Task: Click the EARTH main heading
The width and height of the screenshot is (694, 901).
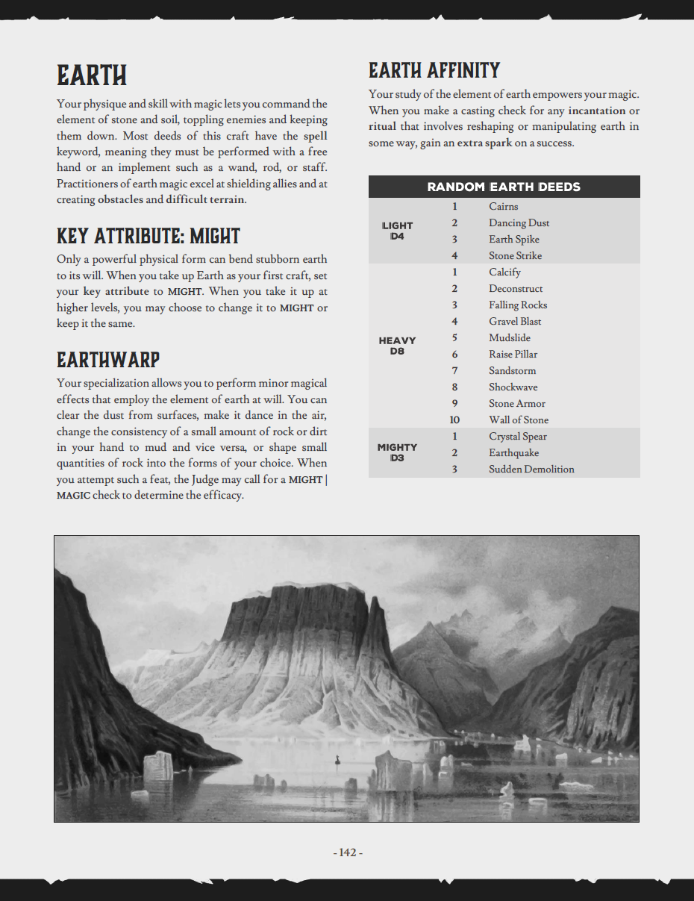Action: [92, 75]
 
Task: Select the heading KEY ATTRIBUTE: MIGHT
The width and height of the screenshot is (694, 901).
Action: [149, 236]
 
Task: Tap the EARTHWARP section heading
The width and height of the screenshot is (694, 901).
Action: [108, 360]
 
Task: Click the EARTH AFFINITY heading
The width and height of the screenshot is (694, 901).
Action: [434, 71]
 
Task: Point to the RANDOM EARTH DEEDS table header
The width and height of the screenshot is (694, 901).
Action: [504, 187]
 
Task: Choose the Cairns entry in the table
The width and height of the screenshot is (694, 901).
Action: [503, 207]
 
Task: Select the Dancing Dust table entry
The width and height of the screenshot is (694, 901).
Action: [519, 223]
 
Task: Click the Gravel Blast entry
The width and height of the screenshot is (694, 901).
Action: [515, 322]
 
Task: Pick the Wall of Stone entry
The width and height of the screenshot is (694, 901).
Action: [518, 420]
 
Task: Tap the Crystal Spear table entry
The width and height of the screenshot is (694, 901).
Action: [518, 437]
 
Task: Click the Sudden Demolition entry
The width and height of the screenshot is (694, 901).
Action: [531, 470]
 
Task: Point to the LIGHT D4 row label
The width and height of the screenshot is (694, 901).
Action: [397, 231]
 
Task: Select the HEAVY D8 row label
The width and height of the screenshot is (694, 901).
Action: [397, 346]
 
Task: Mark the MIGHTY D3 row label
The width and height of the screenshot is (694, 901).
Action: [397, 452]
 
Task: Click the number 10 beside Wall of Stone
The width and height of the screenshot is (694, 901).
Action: [454, 420]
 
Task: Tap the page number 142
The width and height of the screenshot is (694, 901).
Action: [347, 852]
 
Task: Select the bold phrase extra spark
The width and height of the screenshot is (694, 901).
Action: [484, 143]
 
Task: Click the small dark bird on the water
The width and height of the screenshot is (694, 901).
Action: [338, 760]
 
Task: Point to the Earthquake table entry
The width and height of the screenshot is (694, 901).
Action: [513, 453]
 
